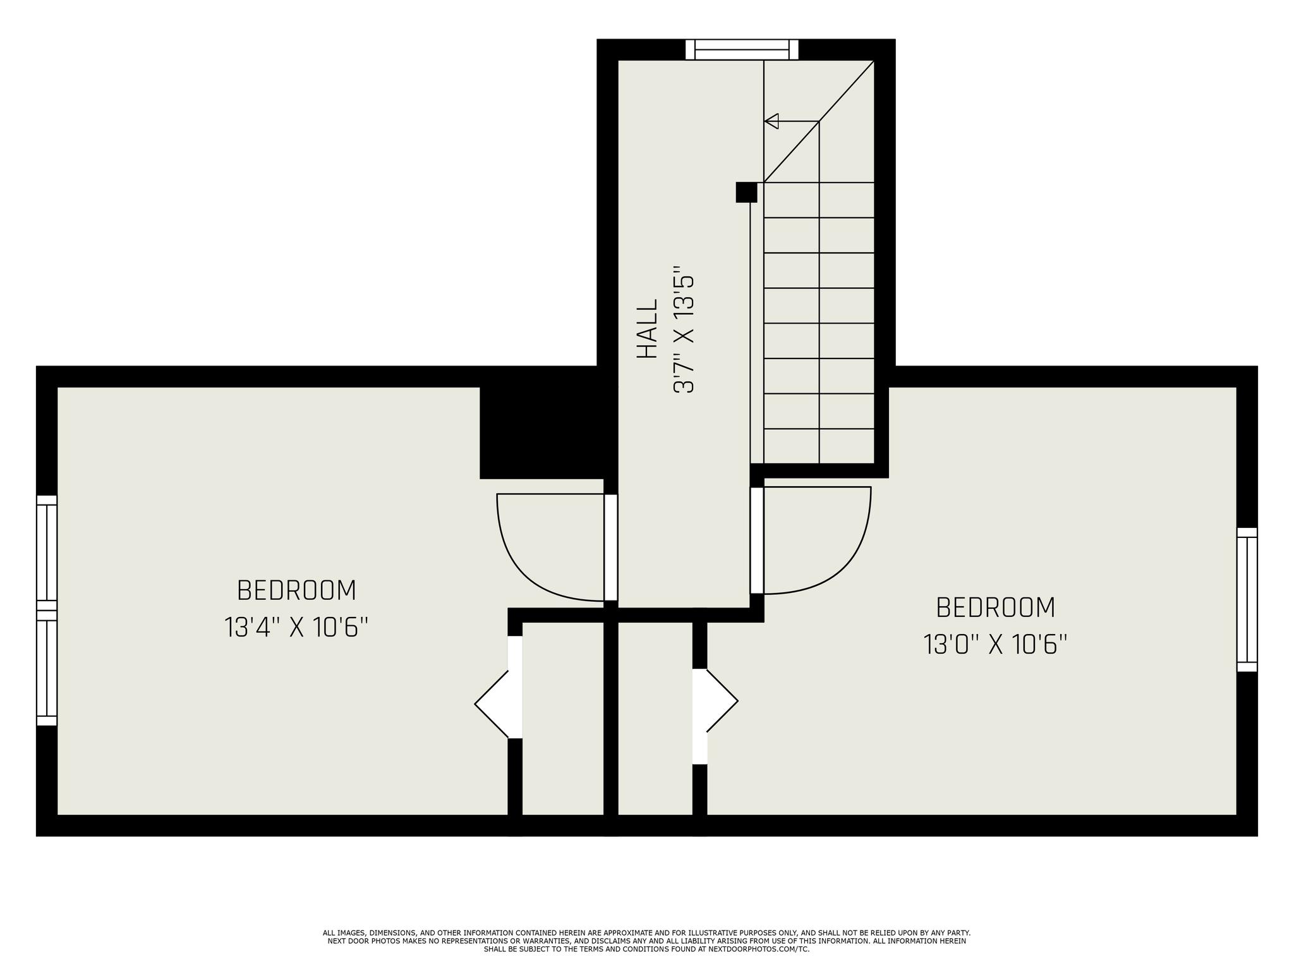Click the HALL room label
(x=647, y=329)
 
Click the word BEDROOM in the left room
(x=296, y=590)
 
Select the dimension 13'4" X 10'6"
(x=296, y=628)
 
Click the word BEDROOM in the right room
(x=995, y=608)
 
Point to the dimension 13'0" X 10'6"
(x=995, y=645)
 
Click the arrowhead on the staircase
(x=771, y=121)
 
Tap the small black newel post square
(x=746, y=192)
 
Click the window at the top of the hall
(x=742, y=49)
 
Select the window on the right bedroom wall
(x=1247, y=599)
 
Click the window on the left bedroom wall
(x=47, y=610)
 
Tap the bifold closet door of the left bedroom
(x=499, y=703)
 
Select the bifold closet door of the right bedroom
(x=715, y=700)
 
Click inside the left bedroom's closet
(x=563, y=719)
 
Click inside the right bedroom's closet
(x=655, y=719)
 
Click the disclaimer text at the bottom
(x=646, y=941)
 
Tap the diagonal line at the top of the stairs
(x=819, y=121)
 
